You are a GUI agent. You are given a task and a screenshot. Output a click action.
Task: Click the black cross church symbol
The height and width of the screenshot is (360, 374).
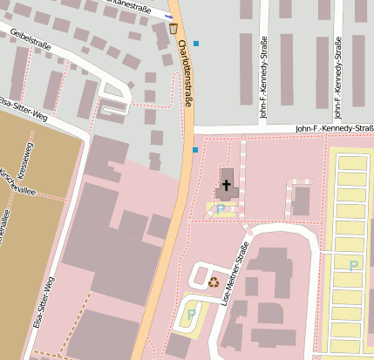click(x=227, y=185)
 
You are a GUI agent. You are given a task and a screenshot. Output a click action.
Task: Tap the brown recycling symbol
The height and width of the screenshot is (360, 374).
click(x=214, y=282)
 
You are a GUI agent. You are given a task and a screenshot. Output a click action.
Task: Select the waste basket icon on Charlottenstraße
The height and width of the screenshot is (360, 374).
click(x=173, y=29)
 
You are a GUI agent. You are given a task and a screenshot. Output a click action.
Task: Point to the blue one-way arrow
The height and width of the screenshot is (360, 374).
click(x=168, y=16)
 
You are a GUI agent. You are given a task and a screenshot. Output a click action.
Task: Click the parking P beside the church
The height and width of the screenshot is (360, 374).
click(x=221, y=208)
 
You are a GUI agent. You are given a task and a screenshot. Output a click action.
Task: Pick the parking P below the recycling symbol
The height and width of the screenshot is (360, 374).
click(x=192, y=314)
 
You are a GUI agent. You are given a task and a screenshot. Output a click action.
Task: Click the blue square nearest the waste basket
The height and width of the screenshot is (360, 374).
click(x=196, y=43)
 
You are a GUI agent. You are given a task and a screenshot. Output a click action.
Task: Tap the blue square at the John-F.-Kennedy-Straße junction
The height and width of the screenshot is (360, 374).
click(x=195, y=150)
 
